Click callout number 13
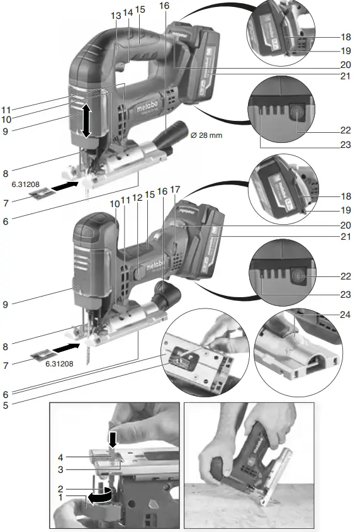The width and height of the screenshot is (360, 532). pyautogui.click(x=115, y=14)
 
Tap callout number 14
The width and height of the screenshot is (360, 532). pyautogui.click(x=128, y=12)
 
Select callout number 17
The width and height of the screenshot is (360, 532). pyautogui.click(x=175, y=189)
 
